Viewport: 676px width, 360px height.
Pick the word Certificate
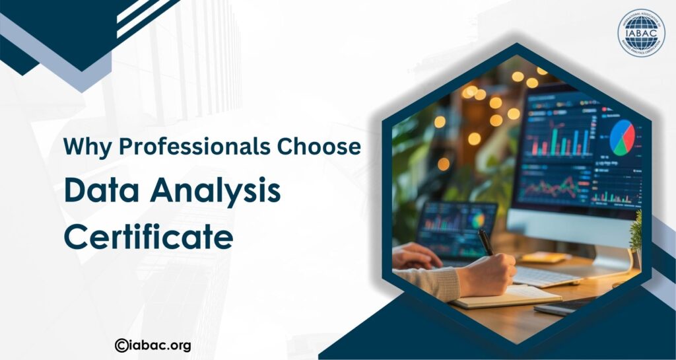click(149, 236)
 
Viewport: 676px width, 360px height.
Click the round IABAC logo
click(641, 33)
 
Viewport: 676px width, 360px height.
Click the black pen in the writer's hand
click(485, 241)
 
